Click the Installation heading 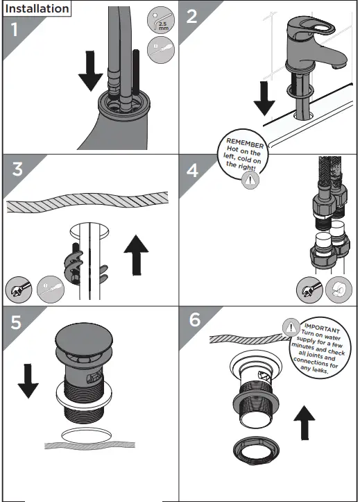[x=37, y=8]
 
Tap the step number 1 [x=15, y=30]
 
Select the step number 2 [x=191, y=17]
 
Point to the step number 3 [x=17, y=169]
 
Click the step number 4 [x=192, y=170]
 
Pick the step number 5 [x=16, y=322]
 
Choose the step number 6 [x=195, y=319]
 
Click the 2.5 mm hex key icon [x=161, y=21]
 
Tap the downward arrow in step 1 [x=90, y=71]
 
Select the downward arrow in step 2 [x=264, y=99]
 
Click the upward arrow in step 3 [x=136, y=255]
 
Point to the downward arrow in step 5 [x=28, y=381]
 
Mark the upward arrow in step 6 [x=305, y=423]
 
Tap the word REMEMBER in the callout [x=245, y=143]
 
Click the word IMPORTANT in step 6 [x=322, y=328]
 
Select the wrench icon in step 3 [x=19, y=290]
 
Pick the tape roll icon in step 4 [x=339, y=290]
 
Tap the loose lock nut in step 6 [x=256, y=452]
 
